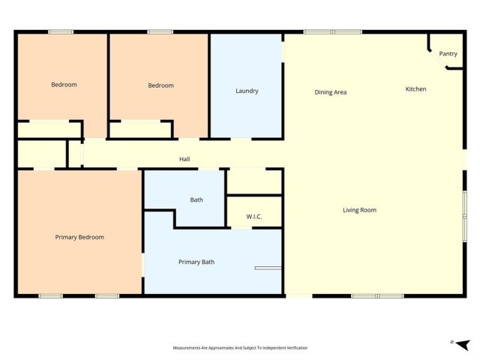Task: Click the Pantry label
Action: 448,54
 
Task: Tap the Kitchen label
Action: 415,89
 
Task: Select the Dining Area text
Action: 331,92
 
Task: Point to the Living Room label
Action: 359,210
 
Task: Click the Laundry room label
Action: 247,91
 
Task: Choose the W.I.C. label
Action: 254,217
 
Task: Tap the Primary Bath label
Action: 196,262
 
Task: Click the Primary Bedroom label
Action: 79,237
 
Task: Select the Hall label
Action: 184,159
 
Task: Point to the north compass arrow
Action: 463,344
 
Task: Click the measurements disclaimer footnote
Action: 240,348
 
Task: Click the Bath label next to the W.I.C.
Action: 196,200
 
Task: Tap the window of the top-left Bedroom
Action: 61,31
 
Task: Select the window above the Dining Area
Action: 333,31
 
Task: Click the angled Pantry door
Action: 438,58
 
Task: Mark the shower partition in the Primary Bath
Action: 268,268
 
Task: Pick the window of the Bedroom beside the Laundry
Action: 160,31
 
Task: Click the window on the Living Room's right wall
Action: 465,217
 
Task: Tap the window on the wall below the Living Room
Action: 377,296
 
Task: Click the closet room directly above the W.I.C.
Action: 254,181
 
